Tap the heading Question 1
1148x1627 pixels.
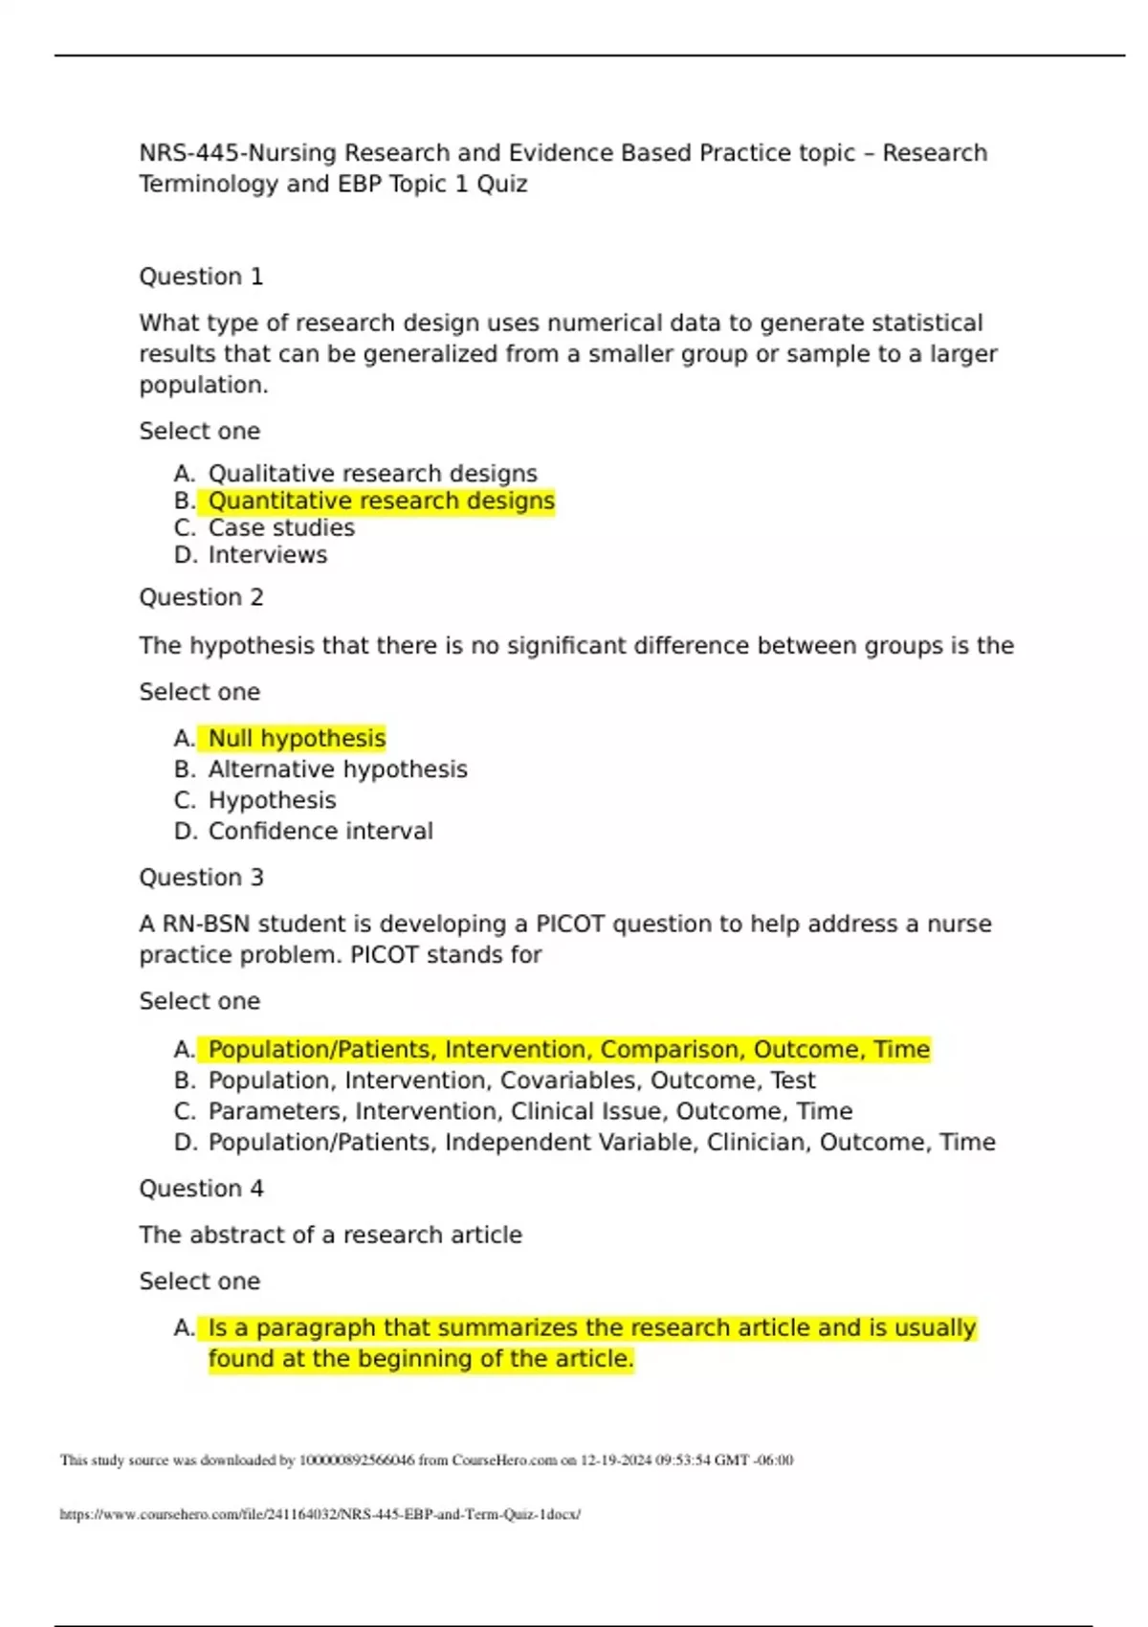[x=201, y=277]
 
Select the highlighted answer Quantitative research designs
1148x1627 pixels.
[x=381, y=501]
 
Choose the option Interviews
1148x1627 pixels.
[x=268, y=555]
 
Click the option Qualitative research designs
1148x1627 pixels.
[x=372, y=474]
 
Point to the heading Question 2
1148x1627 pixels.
[x=201, y=597]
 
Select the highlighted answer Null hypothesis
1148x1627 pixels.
[x=297, y=738]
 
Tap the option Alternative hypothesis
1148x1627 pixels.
[x=338, y=769]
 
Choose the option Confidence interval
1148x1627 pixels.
[x=320, y=831]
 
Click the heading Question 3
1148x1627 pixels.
[x=201, y=878]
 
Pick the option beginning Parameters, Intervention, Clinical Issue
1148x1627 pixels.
[x=530, y=1111]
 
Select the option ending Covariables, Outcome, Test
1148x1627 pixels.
[x=512, y=1081]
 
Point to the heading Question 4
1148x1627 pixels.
[x=201, y=1189]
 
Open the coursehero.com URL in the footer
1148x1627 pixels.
[x=320, y=1514]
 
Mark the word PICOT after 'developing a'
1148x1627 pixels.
[x=570, y=924]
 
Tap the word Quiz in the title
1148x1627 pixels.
[x=502, y=184]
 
